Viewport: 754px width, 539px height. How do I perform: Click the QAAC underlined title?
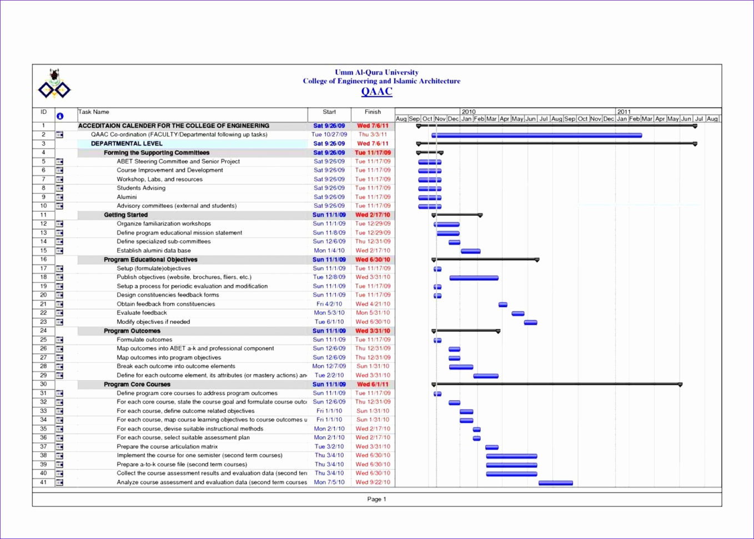376,92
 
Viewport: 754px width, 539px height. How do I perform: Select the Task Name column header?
94,112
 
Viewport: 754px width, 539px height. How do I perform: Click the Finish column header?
373,112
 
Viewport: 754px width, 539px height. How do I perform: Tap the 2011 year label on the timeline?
624,112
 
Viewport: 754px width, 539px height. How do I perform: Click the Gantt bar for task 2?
536,135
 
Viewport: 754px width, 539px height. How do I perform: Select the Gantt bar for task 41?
555,483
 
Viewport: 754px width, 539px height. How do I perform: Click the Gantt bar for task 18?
474,278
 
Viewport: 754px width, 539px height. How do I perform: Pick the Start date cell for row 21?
329,304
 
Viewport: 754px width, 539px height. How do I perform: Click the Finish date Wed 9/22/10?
373,482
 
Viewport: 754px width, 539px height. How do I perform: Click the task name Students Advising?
141,188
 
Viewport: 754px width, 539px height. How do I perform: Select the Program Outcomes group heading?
132,331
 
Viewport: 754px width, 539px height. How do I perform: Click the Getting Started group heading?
126,215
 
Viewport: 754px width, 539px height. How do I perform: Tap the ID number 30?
43,384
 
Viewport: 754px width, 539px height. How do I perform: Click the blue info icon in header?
59,116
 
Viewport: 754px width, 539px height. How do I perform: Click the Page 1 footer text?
376,499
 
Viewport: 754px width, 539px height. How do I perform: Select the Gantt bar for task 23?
530,322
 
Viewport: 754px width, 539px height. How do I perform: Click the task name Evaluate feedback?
142,313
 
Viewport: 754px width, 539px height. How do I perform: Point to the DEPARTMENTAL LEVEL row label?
127,143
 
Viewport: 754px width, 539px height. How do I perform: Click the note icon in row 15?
59,251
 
